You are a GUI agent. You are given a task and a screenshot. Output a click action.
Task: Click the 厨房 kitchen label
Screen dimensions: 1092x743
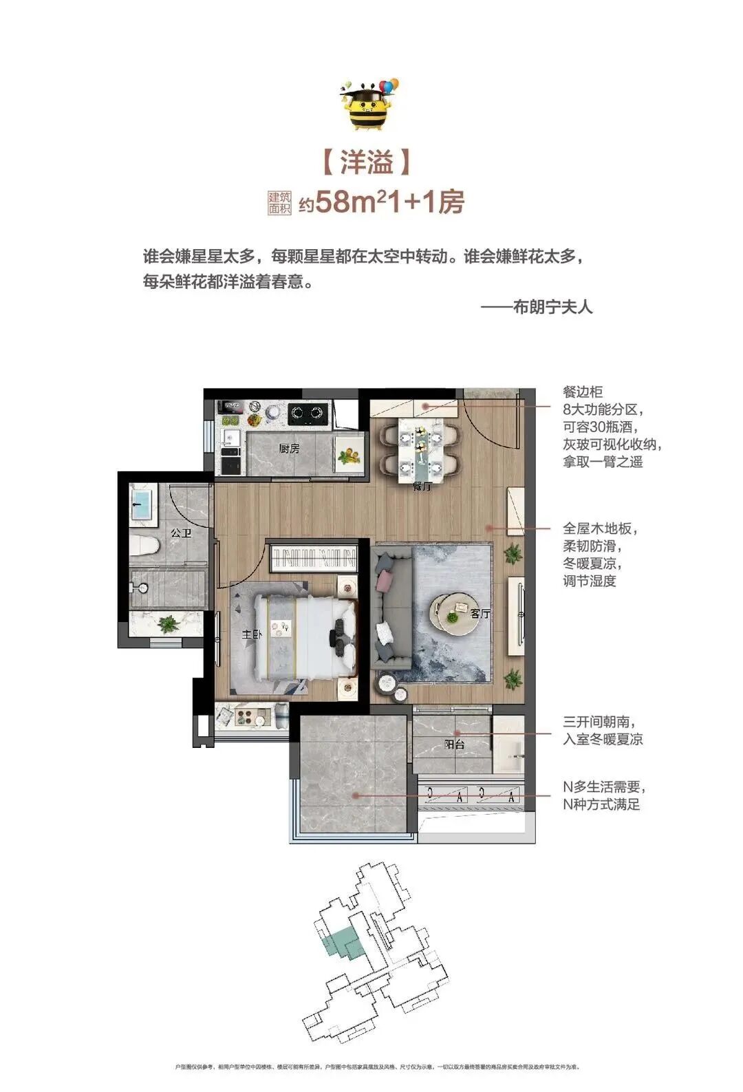290,449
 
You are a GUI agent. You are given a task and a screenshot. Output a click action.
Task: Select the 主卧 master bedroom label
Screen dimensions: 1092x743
250,635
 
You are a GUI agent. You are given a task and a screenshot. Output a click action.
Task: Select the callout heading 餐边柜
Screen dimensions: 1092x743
583,392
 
